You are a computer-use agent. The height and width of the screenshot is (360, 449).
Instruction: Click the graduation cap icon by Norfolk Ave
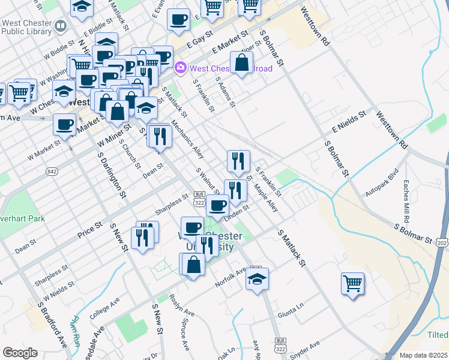pos(257,278)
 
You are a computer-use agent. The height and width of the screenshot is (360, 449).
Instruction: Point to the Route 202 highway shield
pos(441,241)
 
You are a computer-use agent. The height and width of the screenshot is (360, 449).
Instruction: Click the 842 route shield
pos(53,172)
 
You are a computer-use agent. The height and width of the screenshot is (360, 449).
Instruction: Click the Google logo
pos(20,352)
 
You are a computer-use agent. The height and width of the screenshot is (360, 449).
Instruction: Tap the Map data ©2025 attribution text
pos(423,355)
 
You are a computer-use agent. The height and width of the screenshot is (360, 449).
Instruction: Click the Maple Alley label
pos(265,197)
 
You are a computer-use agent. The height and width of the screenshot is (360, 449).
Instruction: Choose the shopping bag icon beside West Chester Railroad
pos(241,63)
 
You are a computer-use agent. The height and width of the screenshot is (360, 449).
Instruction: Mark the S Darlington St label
pos(112,173)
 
